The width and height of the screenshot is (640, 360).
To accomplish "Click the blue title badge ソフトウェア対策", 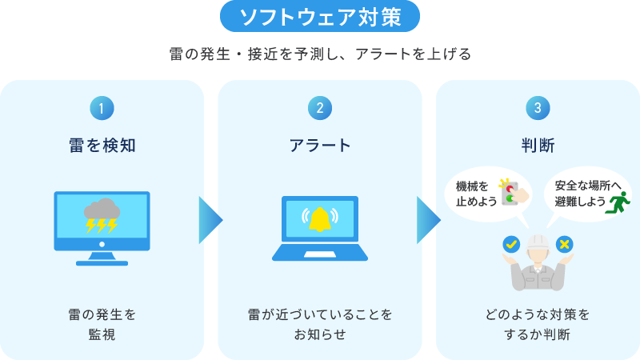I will (x=319, y=16).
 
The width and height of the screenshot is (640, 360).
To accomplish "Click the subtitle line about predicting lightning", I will (x=320, y=54).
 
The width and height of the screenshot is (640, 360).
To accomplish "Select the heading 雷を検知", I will (x=102, y=145).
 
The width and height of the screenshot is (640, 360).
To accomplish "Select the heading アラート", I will (x=320, y=145).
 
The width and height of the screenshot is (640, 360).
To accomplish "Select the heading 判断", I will (x=538, y=145).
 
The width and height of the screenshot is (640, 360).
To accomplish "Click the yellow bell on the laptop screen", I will (x=320, y=218).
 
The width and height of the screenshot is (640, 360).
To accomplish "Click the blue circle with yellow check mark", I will (x=510, y=243).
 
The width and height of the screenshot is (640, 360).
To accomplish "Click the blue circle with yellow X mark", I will (x=565, y=243).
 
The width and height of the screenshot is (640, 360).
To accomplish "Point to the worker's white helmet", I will (x=538, y=240).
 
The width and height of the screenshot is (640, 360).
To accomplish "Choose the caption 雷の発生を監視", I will (x=102, y=324).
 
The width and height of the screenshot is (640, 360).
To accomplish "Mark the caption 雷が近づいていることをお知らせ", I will (x=320, y=324).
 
